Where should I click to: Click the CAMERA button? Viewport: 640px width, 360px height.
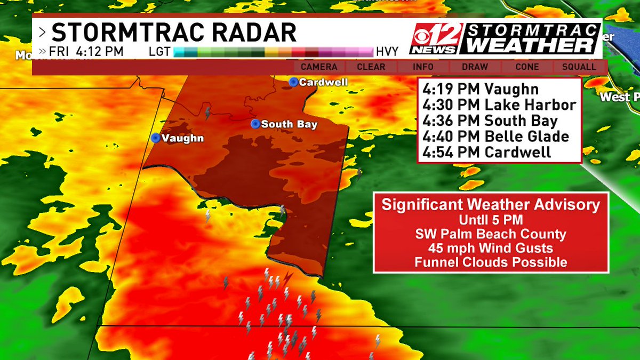pos(319,67)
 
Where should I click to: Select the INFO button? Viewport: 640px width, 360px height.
pos(423,67)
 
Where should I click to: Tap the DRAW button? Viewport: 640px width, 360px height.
pos(475,67)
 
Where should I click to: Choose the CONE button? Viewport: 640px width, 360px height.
pos(527,67)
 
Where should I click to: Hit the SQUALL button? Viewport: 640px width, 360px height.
pos(579,67)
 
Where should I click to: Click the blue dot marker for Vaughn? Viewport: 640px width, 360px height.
pos(155,138)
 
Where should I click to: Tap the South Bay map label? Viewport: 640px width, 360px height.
pos(289,124)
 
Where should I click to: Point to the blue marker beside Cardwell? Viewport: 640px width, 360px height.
pos(293,82)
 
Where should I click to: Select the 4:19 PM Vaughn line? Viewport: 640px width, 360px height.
pos(480,90)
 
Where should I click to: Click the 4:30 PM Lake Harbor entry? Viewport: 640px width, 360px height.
pos(499,105)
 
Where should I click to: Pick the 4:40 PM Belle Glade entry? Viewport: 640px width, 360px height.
pos(495,136)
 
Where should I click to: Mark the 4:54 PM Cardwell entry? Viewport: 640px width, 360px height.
pos(486,152)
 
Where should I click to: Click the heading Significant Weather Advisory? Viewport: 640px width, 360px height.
pos(491,205)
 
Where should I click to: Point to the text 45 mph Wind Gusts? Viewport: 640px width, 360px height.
pos(491,248)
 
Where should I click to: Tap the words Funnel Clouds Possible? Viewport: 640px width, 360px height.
pos(491,262)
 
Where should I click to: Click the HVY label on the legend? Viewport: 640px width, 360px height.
pos(388,52)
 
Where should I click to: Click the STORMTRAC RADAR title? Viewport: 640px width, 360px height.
pos(174,33)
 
